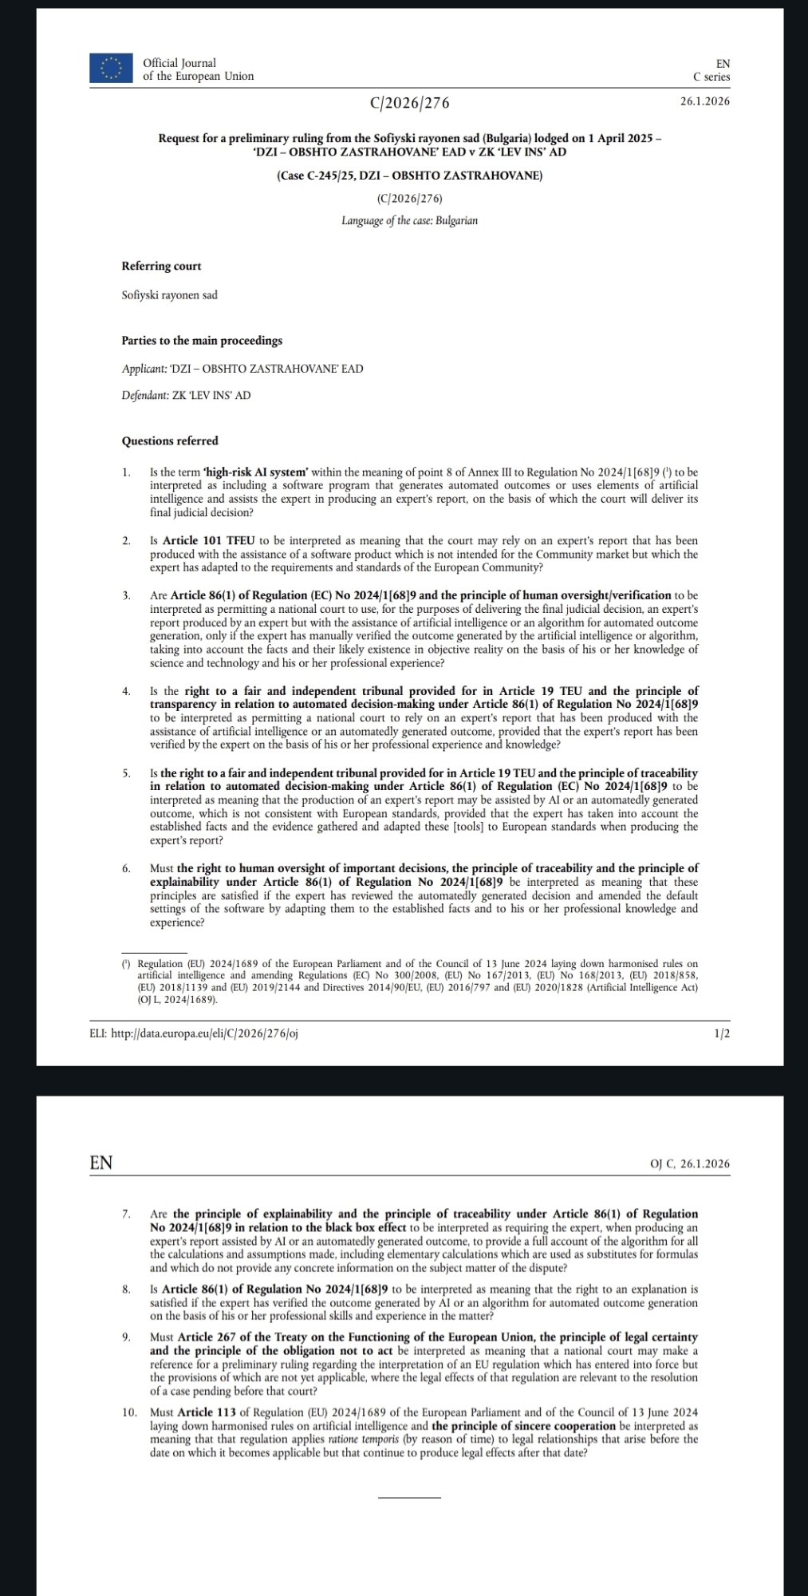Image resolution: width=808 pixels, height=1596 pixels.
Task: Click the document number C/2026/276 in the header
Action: pyautogui.click(x=409, y=103)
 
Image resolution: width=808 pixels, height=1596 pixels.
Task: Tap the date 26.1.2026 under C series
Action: pyautogui.click(x=704, y=101)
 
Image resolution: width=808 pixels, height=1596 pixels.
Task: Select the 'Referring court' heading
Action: pyautogui.click(x=161, y=266)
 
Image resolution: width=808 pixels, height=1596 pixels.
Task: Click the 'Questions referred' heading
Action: pyautogui.click(x=170, y=440)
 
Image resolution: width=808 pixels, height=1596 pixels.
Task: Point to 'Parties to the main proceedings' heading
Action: pyautogui.click(x=202, y=341)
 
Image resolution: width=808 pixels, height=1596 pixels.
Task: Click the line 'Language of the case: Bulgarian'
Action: pyautogui.click(x=409, y=220)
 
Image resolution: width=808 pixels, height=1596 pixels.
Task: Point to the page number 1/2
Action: pyautogui.click(x=721, y=1033)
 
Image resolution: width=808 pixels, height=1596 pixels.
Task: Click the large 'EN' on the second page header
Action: pyautogui.click(x=101, y=1163)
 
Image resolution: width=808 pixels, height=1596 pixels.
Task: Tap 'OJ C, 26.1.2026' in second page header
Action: pyautogui.click(x=690, y=1163)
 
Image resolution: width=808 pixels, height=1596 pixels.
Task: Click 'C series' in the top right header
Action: pyautogui.click(x=711, y=77)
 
